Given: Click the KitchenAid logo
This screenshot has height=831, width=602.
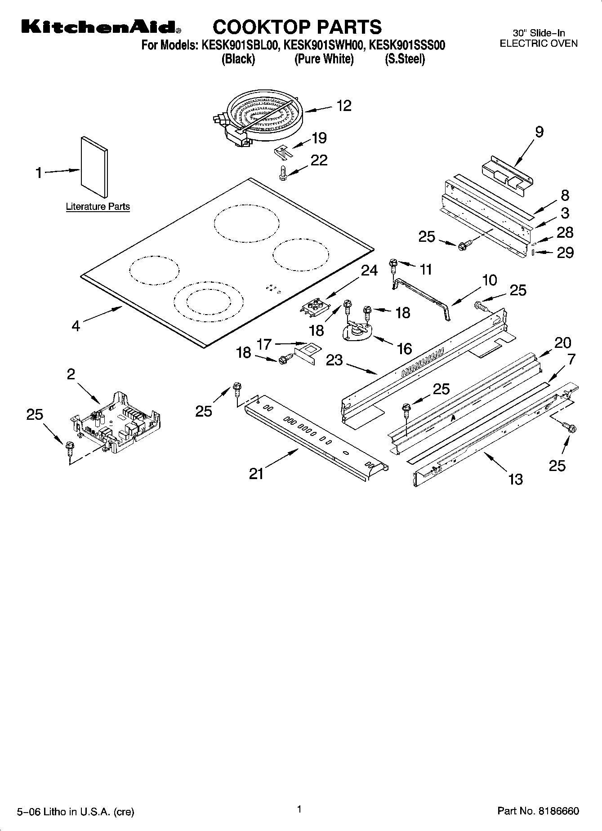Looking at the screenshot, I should (101, 27).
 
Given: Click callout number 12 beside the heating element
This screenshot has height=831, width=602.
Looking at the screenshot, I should (343, 106).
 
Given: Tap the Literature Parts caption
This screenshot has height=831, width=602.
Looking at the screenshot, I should (98, 207).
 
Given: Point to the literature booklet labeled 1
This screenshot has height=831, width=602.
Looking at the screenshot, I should (94, 167).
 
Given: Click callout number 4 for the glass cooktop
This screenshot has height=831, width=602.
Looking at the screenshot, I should (76, 326).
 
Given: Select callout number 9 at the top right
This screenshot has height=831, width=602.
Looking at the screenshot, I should (539, 132).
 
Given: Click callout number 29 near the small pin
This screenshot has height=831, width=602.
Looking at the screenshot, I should (565, 253).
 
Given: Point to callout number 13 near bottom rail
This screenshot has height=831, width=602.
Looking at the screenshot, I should (515, 480).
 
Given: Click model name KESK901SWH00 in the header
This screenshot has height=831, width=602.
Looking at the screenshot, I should (323, 45).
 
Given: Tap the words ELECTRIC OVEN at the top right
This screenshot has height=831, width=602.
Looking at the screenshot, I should (539, 44).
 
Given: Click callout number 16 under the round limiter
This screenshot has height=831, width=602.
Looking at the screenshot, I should (405, 348).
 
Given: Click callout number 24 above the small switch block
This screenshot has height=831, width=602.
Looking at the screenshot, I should (369, 270).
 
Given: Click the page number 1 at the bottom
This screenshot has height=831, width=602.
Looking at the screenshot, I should (299, 809).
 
